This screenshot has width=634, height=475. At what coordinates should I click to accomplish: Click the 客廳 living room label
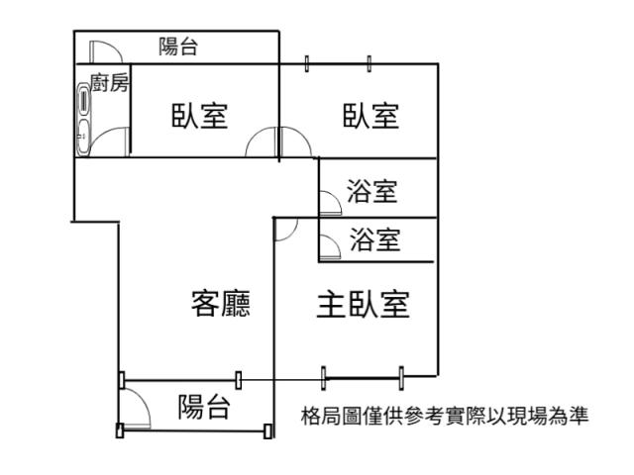[220, 303]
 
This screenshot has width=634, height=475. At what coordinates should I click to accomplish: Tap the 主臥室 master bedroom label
[363, 304]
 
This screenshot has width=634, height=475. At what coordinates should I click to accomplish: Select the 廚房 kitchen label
[109, 83]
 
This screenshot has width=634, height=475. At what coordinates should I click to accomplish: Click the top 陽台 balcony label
[178, 46]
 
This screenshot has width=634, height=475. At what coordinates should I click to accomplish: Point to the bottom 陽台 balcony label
[204, 407]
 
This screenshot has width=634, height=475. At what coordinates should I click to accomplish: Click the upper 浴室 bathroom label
[373, 190]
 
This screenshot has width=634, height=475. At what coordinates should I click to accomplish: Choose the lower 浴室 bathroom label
[375, 238]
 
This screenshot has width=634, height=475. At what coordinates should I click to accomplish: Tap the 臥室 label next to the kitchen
[199, 116]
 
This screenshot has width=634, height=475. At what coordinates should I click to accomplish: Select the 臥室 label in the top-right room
[370, 116]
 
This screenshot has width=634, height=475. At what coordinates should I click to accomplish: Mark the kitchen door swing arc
[114, 143]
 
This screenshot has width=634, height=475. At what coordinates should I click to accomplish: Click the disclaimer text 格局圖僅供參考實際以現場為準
[445, 416]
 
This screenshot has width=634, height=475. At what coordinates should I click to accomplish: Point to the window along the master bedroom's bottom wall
[363, 375]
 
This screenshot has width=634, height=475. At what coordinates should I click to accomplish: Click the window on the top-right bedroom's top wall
[338, 64]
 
